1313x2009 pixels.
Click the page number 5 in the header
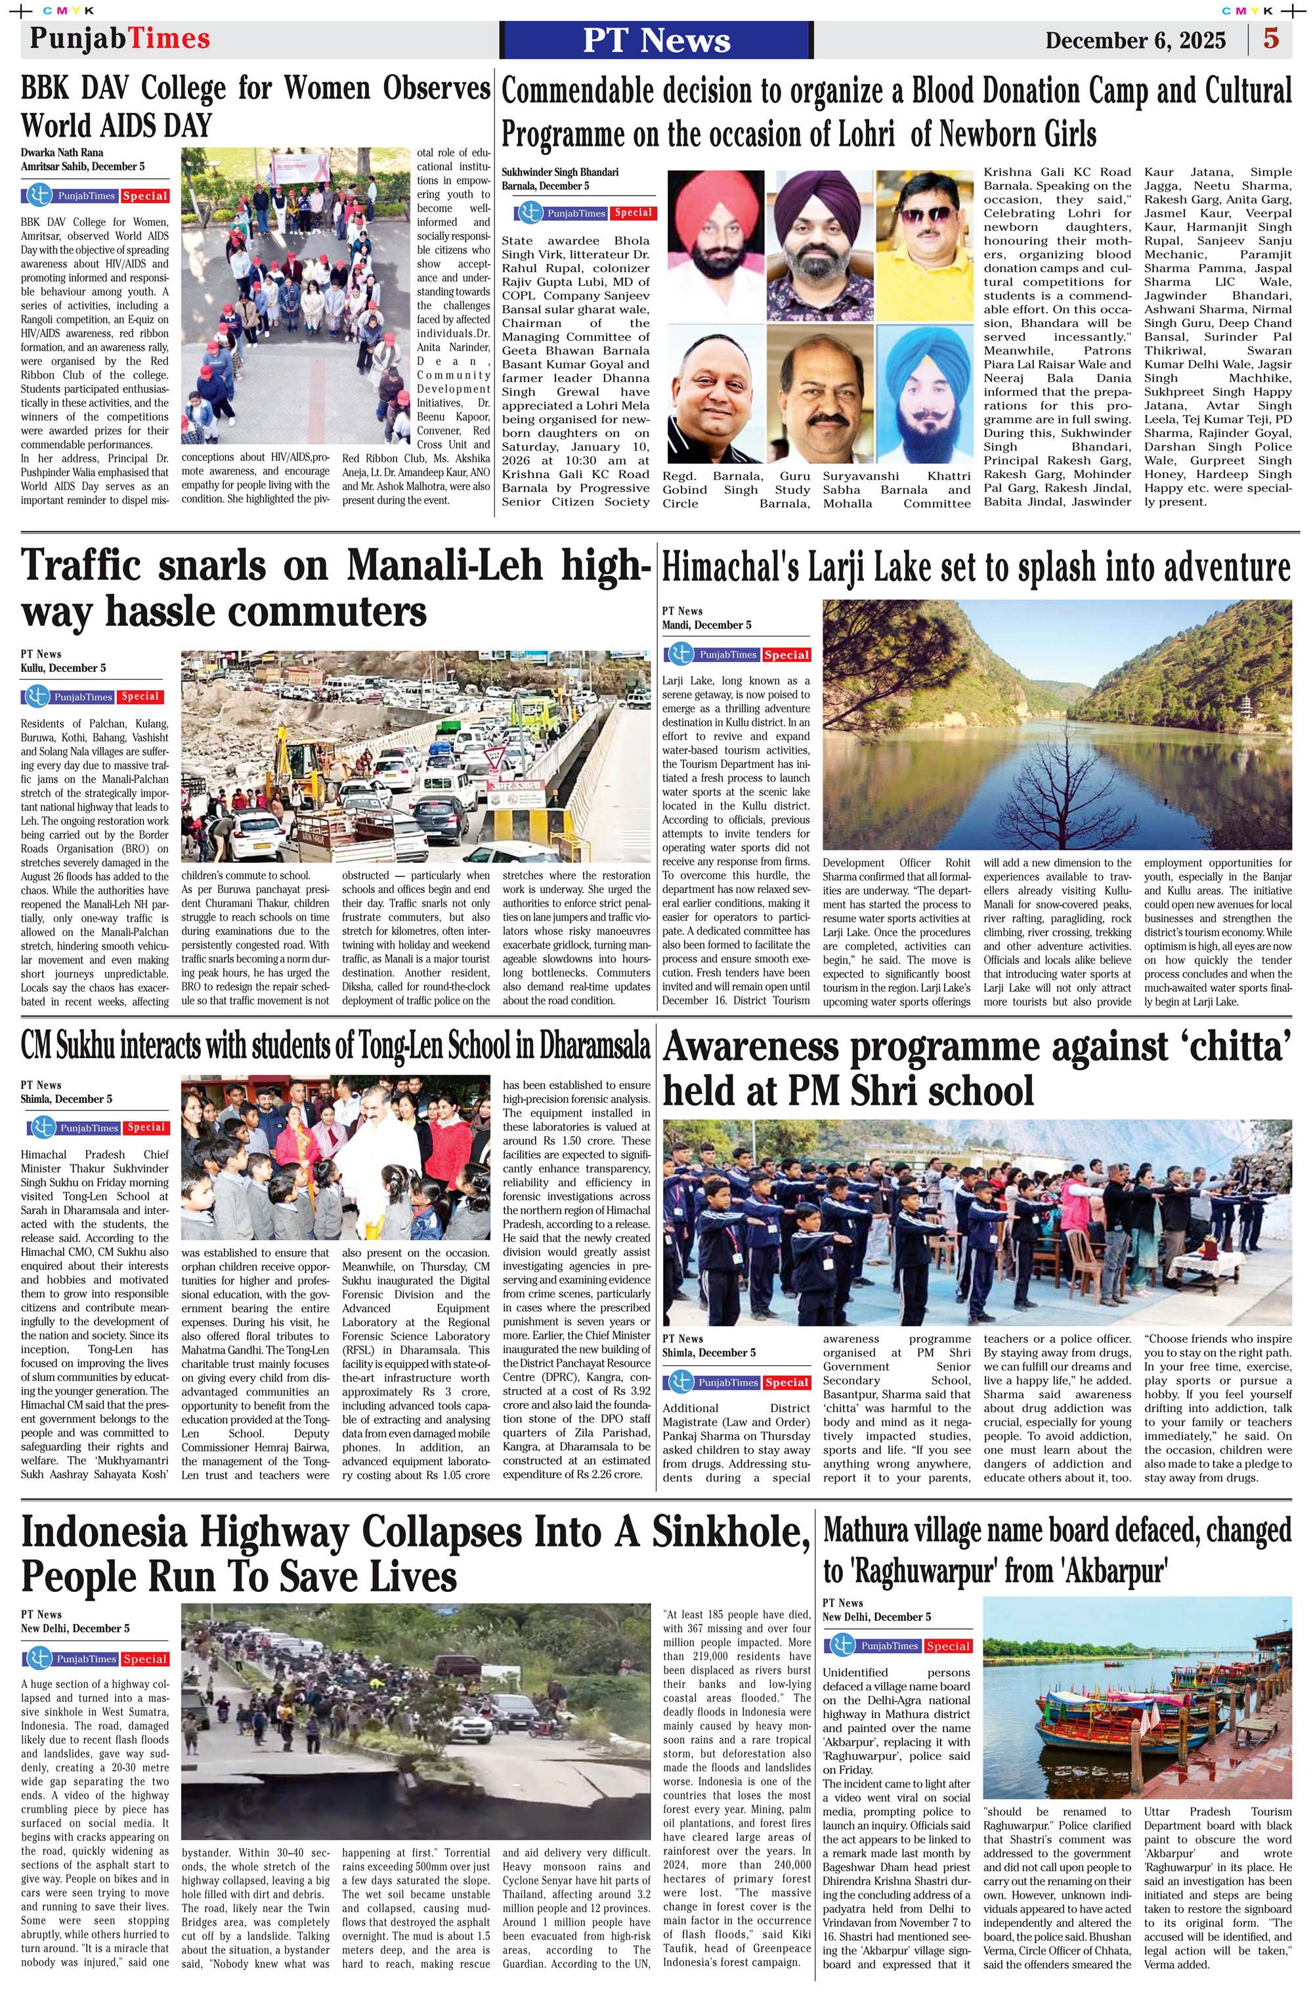coord(1271,39)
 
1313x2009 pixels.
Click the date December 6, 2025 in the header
coord(1135,41)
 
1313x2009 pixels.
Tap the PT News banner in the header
coord(656,39)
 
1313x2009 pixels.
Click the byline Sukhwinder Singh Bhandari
coord(559,172)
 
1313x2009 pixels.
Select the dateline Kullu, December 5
coord(63,668)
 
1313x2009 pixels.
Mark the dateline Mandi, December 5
coord(706,625)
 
